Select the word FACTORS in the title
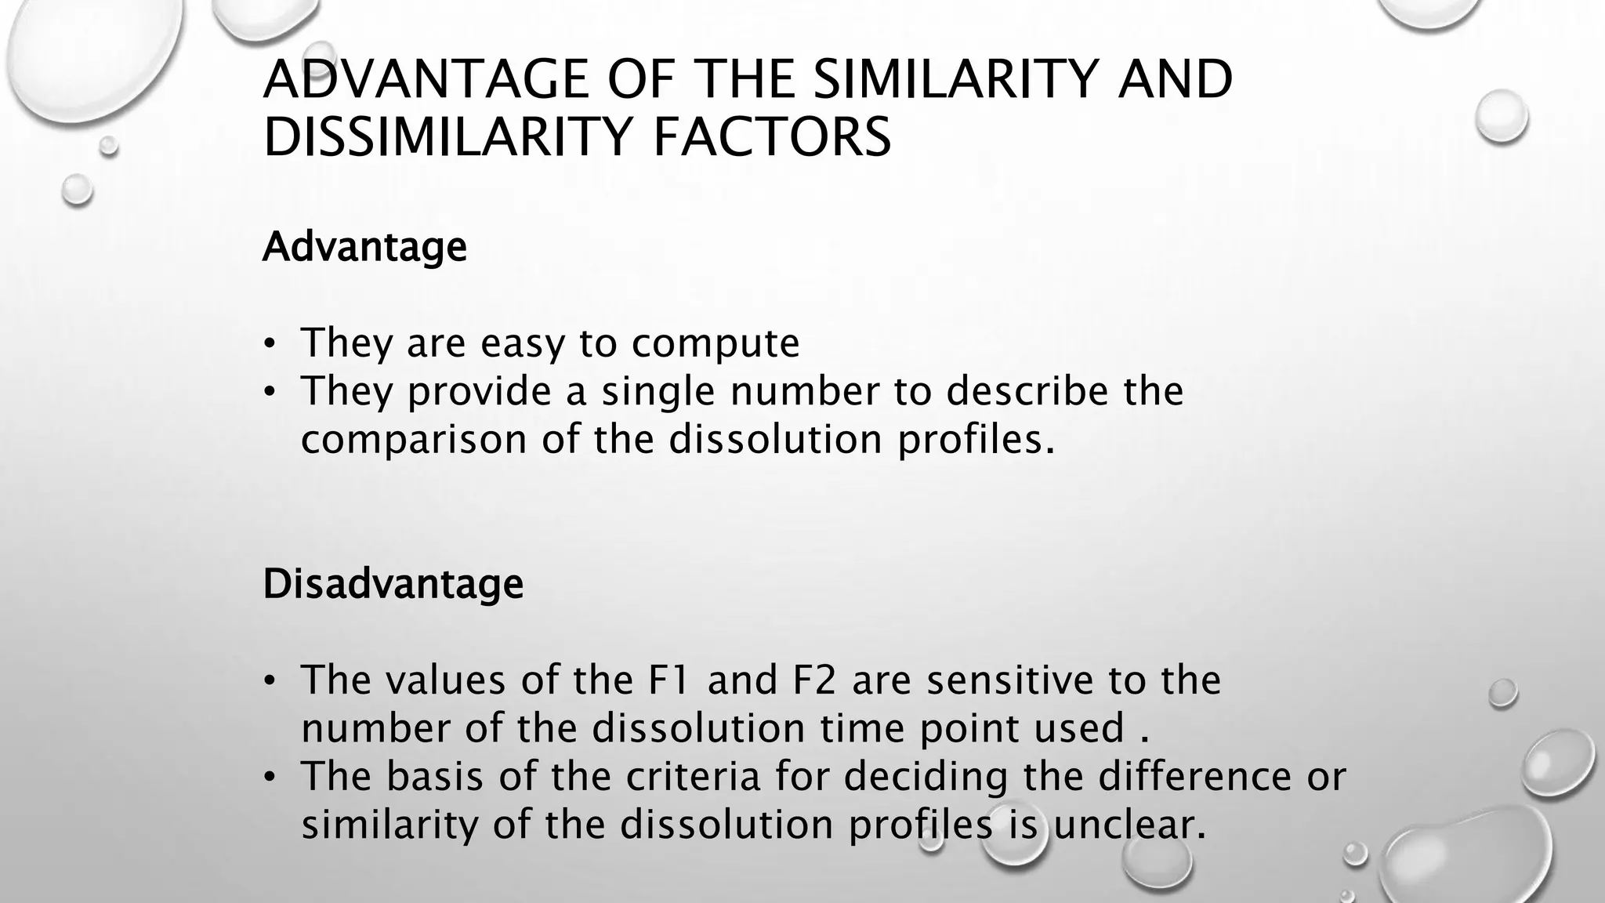(772, 137)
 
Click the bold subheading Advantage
(364, 247)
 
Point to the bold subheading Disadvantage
(393, 584)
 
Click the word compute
(716, 343)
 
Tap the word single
(658, 391)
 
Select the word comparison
(414, 439)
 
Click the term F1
(669, 680)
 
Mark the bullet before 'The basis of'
(270, 777)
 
